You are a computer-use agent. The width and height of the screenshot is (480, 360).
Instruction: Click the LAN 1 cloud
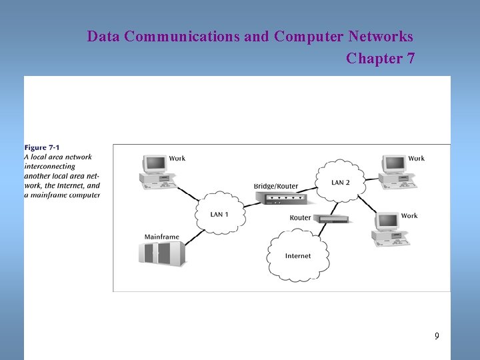click(219, 213)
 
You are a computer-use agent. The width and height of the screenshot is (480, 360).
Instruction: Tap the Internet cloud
click(297, 255)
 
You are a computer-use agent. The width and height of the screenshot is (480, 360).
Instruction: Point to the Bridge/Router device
click(281, 197)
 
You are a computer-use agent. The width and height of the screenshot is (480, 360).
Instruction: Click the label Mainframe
click(162, 237)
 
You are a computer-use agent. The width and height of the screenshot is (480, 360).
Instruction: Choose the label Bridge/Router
click(276, 186)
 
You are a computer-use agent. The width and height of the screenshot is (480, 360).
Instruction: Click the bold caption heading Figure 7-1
click(45, 147)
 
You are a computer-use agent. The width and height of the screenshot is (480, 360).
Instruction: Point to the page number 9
click(437, 336)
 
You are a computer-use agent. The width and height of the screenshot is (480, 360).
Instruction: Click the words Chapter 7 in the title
click(380, 59)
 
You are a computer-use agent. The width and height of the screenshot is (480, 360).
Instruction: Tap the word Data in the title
click(103, 36)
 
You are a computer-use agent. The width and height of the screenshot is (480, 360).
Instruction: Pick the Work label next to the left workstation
click(177, 159)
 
